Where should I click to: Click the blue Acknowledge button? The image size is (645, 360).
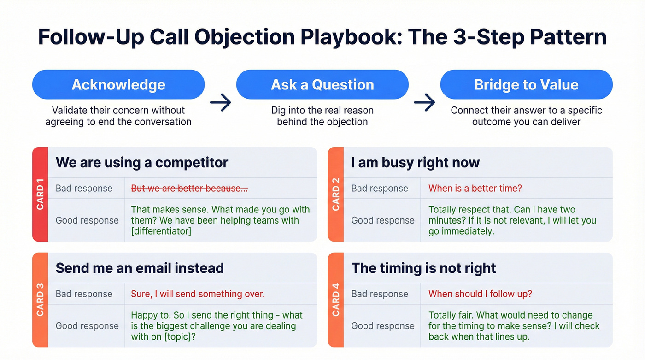tap(118, 85)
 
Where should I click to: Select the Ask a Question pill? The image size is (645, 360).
tap(322, 85)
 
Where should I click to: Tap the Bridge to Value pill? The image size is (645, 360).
tap(526, 85)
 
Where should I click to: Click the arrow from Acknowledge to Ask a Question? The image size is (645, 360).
tap(221, 103)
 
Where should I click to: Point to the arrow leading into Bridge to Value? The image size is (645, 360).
tap(424, 103)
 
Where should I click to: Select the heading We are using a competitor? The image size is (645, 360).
tap(142, 162)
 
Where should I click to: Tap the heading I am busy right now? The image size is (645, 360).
tap(415, 162)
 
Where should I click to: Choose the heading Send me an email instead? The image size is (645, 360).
tap(140, 268)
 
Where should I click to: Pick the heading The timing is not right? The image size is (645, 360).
tap(423, 268)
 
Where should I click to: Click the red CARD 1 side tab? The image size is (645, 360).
tap(40, 195)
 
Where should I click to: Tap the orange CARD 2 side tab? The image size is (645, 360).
tap(336, 195)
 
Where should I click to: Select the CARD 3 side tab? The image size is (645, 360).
tap(40, 300)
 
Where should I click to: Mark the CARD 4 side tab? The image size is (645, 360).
tap(336, 300)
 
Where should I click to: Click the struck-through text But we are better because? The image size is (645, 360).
tap(189, 188)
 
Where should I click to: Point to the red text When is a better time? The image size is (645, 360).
tap(475, 188)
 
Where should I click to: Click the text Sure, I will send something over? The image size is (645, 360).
tap(198, 294)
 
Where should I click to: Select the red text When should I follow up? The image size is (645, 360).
tap(480, 294)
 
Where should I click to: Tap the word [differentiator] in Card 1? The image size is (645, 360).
tap(161, 231)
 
